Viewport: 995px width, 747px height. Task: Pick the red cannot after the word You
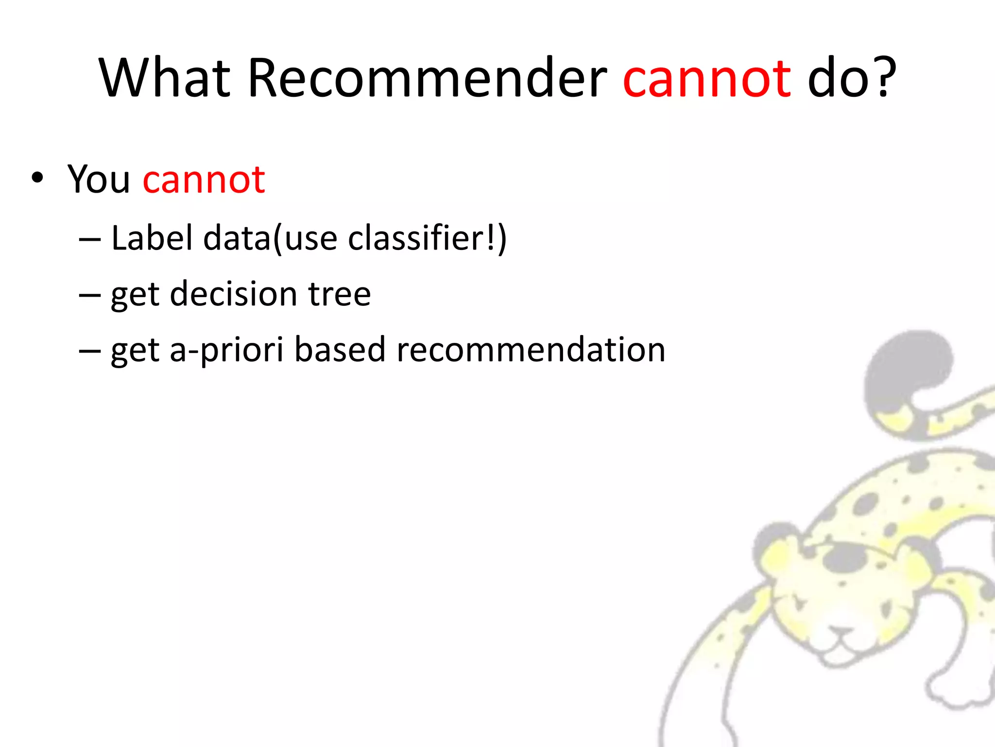click(204, 180)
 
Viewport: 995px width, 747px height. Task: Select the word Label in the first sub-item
click(152, 238)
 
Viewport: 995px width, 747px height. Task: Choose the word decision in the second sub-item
click(233, 294)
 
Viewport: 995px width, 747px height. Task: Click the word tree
click(340, 294)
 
